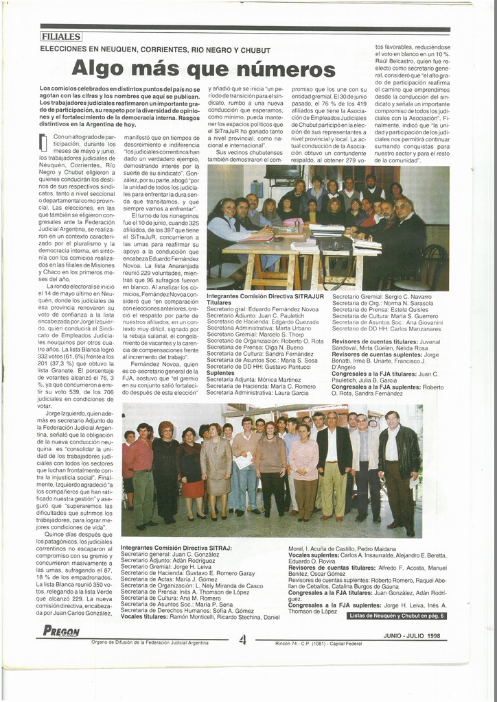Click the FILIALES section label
coord(60,36)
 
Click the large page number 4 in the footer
coord(242,640)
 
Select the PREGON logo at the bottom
coord(61,631)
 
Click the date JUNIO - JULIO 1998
coord(412,636)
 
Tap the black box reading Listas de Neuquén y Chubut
coord(397,616)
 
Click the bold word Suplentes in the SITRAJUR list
coord(220,373)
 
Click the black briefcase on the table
coord(334,245)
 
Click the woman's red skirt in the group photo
coord(193,489)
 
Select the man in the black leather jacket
coord(399,466)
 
